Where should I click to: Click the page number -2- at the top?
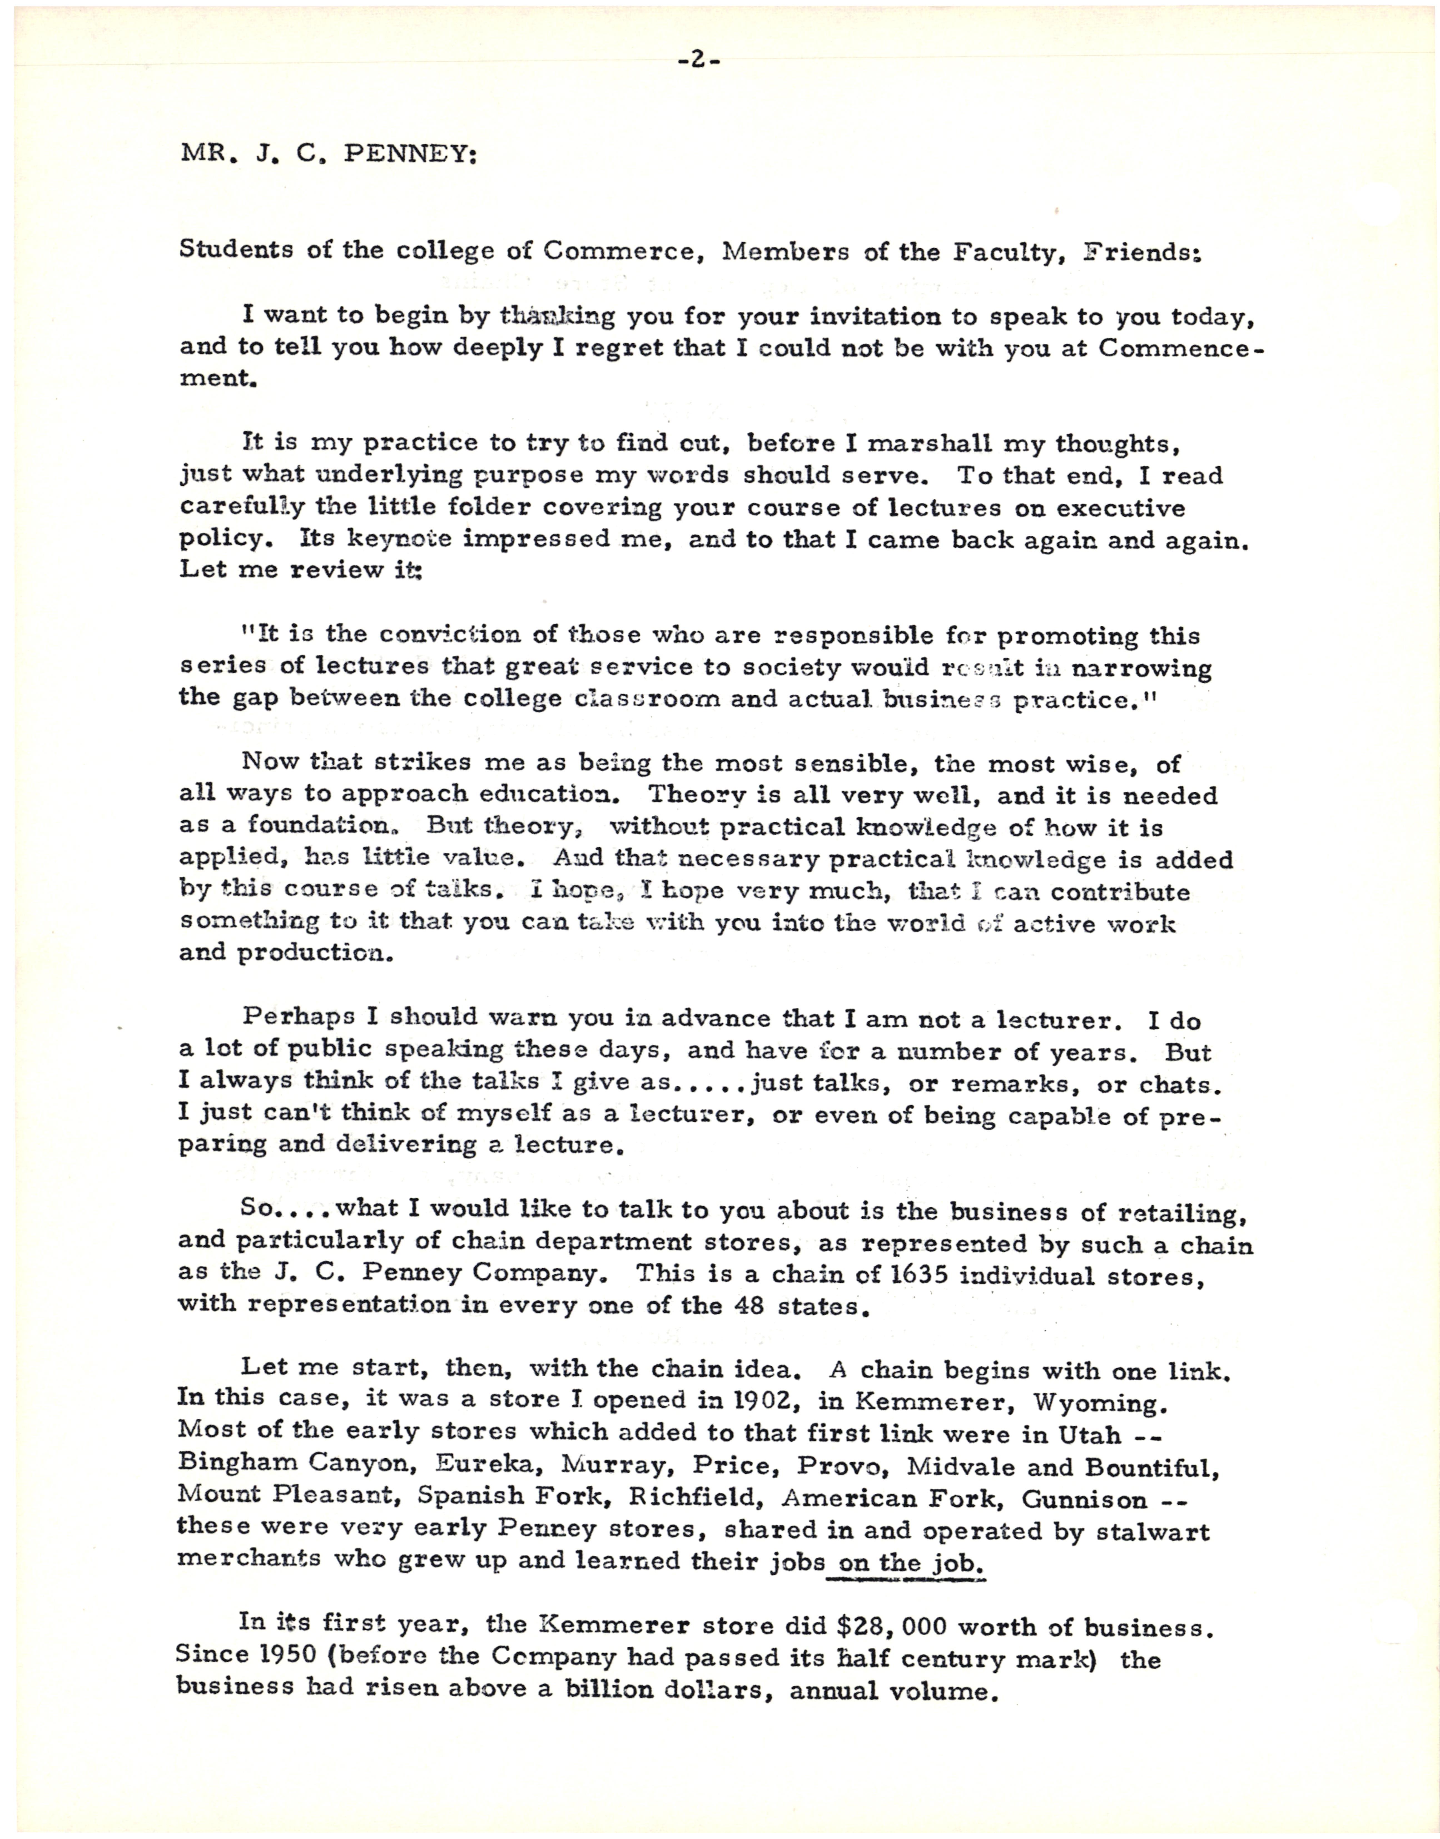point(698,61)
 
